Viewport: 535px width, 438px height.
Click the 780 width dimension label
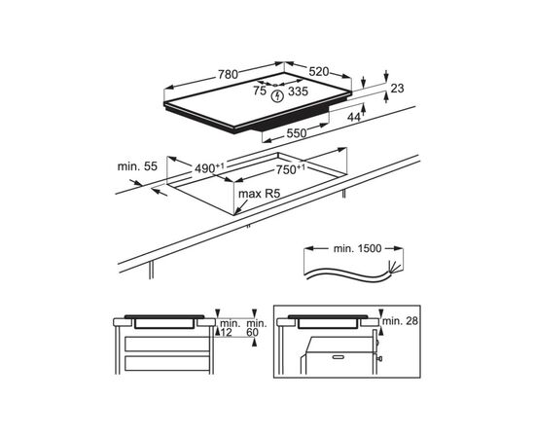(x=228, y=74)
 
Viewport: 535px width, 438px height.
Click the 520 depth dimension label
(x=319, y=72)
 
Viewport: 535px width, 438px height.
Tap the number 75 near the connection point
(x=260, y=91)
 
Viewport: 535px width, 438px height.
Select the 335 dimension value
(x=299, y=91)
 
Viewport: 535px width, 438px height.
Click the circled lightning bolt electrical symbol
(x=278, y=96)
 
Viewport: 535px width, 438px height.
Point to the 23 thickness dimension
(x=397, y=89)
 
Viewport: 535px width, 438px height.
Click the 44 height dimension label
(x=354, y=118)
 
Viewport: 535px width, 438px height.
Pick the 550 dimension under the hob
(x=297, y=133)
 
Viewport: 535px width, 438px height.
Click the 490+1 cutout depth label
(x=209, y=168)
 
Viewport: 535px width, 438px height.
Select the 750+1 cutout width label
(x=291, y=169)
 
